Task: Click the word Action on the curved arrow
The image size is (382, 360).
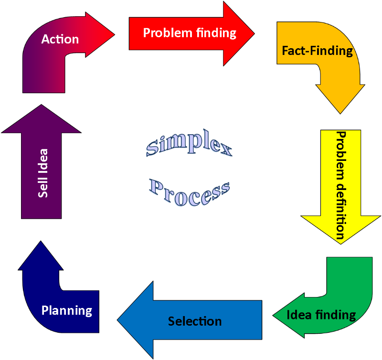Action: pos(60,39)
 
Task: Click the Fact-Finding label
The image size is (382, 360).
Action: pos(317,50)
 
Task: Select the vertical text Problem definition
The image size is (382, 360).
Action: pos(340,185)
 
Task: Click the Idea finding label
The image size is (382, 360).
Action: pos(321,315)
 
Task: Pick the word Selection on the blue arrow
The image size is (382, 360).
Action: pos(195,321)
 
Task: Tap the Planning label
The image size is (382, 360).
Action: pos(66,310)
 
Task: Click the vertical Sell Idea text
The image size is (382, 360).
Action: pos(42,173)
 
